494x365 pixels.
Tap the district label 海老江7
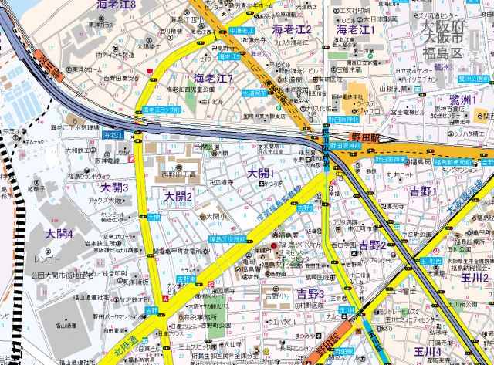214,78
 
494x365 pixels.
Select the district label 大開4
59,234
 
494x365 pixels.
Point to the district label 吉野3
310,293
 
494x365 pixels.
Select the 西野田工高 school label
177,174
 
